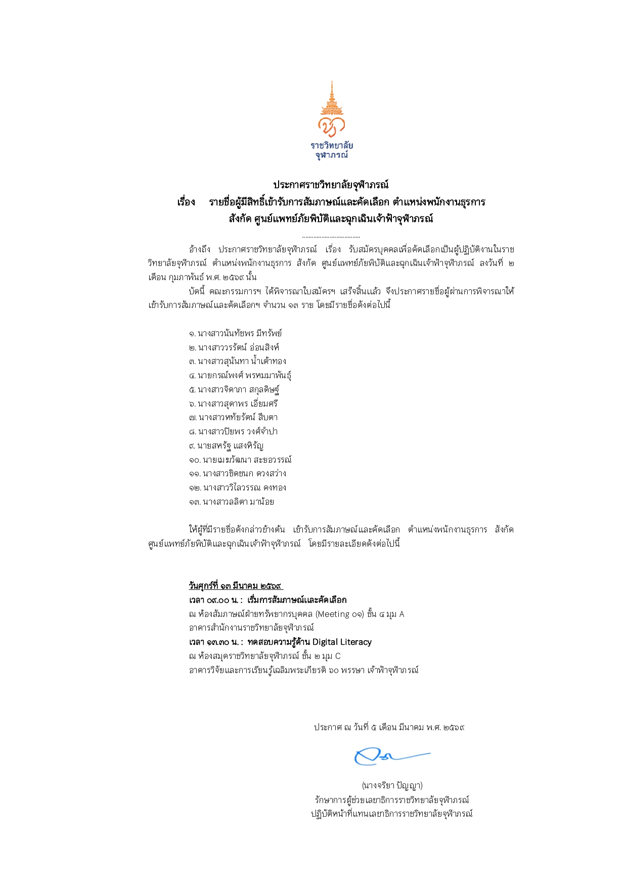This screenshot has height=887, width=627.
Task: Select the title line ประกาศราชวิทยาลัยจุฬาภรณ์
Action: (331, 185)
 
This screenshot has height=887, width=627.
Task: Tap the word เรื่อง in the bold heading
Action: (186, 202)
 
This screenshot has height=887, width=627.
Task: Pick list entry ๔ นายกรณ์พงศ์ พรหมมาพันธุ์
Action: (240, 375)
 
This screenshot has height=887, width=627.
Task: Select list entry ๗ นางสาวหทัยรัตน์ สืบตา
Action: (233, 417)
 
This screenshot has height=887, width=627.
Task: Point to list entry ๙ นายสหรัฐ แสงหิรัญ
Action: (226, 446)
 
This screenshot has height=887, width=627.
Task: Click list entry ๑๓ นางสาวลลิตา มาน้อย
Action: (232, 502)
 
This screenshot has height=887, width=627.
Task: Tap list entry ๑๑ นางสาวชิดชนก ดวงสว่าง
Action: (238, 473)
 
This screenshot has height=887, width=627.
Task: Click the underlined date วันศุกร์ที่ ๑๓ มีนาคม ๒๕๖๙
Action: (236, 586)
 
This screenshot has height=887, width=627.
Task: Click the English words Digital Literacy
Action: (342, 642)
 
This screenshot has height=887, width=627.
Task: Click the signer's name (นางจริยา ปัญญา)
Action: (392, 785)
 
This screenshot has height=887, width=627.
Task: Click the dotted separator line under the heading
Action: (331, 237)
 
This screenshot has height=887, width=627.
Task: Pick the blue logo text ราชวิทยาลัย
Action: (332, 146)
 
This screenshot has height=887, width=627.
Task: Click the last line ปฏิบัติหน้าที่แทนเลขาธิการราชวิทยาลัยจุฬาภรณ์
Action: (391, 814)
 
